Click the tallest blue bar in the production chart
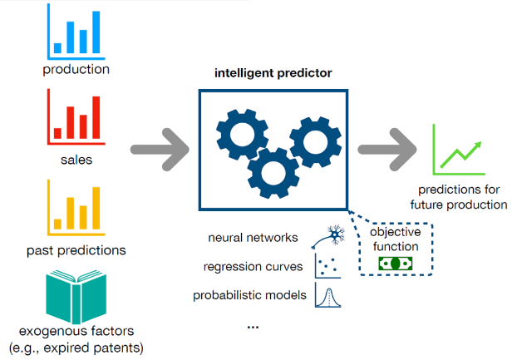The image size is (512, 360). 96,32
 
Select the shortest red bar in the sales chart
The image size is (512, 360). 57,133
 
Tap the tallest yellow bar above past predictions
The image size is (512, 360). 96,208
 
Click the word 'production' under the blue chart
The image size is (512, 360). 76,70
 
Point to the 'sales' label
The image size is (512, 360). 76,160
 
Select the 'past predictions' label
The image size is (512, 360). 76,250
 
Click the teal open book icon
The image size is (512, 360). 76,297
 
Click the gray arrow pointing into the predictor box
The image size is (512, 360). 160,150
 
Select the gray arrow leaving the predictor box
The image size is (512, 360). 387,150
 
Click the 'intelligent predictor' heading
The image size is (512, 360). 273,73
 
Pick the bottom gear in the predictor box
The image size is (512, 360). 273,173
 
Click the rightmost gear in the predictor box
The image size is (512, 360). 316,142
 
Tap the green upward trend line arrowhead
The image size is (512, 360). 478,145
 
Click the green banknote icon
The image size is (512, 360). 396,264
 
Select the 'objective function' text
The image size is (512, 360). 396,239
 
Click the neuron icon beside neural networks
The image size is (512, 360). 328,236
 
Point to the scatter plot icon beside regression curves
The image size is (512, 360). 327,266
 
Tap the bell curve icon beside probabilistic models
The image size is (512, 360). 327,295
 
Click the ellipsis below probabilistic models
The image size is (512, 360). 253,327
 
